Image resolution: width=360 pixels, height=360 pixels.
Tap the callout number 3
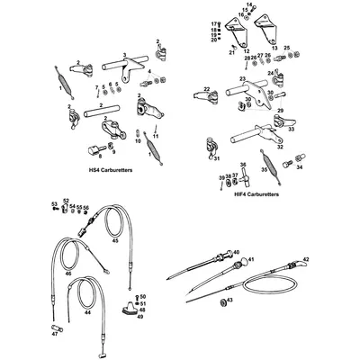pos(125,55)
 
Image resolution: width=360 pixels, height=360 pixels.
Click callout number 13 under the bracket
pos(274,50)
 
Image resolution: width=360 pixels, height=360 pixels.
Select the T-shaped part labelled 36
pos(242,171)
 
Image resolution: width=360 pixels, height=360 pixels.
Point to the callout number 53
pos(54,204)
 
